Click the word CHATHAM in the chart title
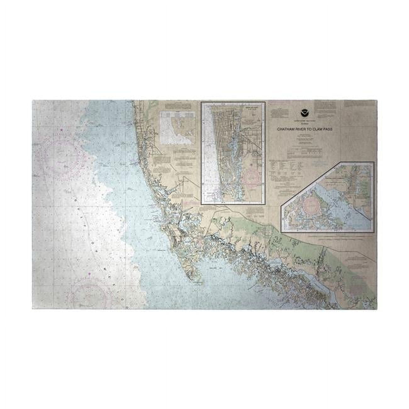point(285,129)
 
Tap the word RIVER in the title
point(299,129)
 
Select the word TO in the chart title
point(308,129)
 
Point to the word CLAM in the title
point(316,129)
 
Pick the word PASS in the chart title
point(327,129)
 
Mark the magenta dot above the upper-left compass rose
point(62,130)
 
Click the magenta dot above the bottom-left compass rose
point(90,274)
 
